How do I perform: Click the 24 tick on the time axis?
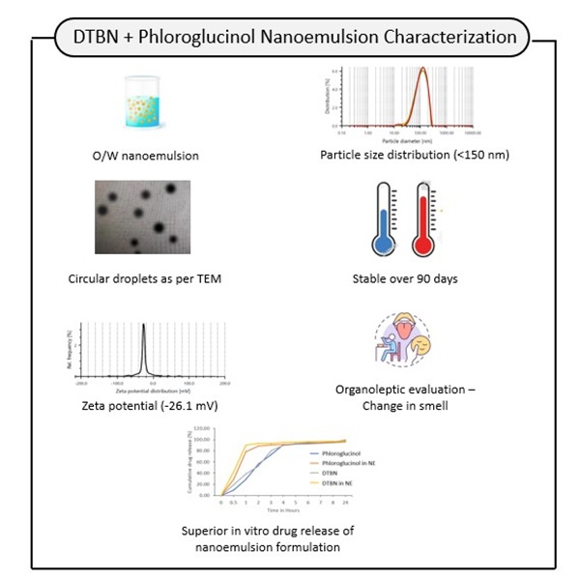pos(346,503)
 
